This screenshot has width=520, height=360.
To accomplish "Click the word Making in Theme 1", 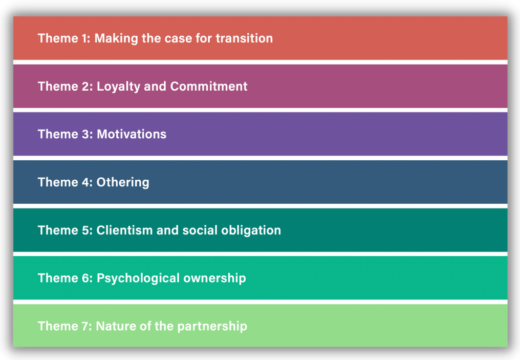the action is (116, 39).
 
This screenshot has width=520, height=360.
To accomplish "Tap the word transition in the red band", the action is (244, 38).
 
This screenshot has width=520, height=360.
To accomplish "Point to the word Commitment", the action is (209, 86).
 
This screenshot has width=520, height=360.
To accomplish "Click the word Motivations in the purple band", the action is (132, 134).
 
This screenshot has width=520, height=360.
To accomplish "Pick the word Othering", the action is (123, 183).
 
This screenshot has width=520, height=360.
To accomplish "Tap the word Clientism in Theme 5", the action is (124, 230).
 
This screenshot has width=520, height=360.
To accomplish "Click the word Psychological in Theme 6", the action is (138, 279).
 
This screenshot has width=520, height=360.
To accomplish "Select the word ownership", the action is (214, 279).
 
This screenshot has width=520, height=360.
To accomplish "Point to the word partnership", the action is (212, 327).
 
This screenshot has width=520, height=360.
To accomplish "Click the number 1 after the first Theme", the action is (84, 38).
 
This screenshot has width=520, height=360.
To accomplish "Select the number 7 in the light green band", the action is (85, 326).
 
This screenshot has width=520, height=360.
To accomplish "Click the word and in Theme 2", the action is (155, 86).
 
